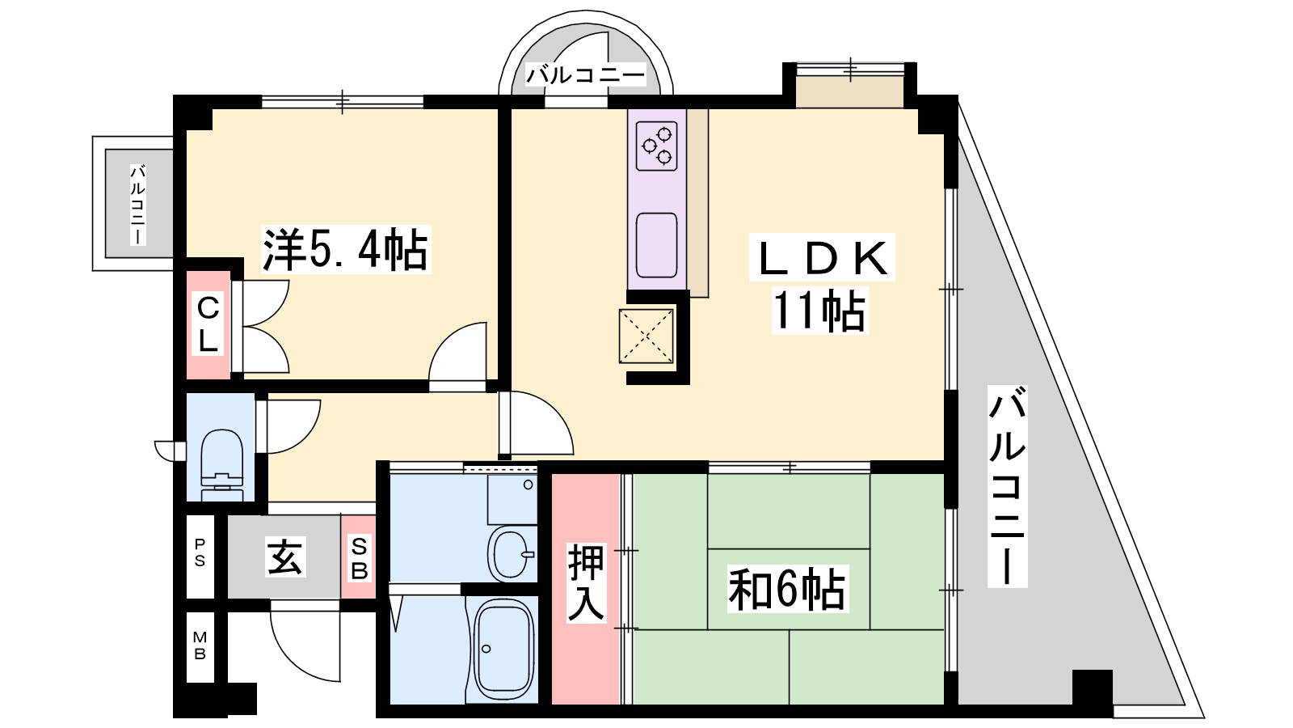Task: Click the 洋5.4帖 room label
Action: pyautogui.click(x=346, y=250)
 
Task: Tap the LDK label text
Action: pyautogui.click(x=822, y=258)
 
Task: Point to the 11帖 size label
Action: pyautogui.click(x=819, y=311)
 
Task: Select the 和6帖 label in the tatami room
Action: pyautogui.click(x=787, y=589)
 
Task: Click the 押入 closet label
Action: pyautogui.click(x=586, y=582)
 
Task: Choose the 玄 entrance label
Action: pyautogui.click(x=285, y=556)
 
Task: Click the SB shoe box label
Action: pyautogui.click(x=359, y=559)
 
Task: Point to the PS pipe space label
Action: pyautogui.click(x=200, y=552)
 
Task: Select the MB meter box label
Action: pyautogui.click(x=200, y=645)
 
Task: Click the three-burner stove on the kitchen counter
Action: pyautogui.click(x=657, y=146)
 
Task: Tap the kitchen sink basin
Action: pyautogui.click(x=657, y=245)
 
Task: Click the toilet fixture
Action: pyautogui.click(x=221, y=463)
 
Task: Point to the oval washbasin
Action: pyautogui.click(x=510, y=553)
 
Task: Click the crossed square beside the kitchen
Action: pyautogui.click(x=646, y=336)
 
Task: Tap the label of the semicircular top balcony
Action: pyautogui.click(x=585, y=75)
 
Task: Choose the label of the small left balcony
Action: pyautogui.click(x=138, y=205)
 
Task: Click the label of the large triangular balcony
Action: pyautogui.click(x=1007, y=486)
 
